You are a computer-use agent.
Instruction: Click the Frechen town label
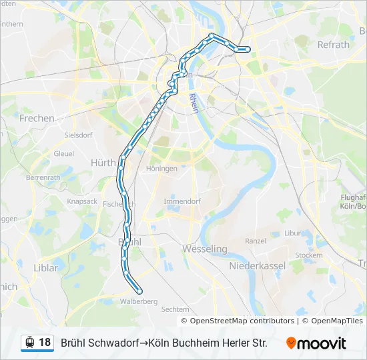coord(37,118)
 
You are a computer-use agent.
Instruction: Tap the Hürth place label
coord(103,162)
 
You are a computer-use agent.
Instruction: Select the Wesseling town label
coord(205,249)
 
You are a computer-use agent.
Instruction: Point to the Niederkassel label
coord(258,265)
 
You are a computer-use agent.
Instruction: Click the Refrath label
coord(334,45)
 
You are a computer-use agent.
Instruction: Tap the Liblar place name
coord(45,268)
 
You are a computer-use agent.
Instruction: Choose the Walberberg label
coord(139,301)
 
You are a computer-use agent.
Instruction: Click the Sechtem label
coord(175,309)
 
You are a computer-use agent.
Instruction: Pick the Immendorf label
coord(181,201)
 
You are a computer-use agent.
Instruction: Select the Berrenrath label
coord(43,178)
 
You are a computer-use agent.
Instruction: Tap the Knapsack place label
coord(82,201)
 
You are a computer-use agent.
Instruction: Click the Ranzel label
coord(256,241)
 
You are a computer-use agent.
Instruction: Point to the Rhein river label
coord(195,103)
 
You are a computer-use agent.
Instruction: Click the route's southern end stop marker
coord(139,291)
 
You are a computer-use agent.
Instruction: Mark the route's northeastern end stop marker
coord(248,49)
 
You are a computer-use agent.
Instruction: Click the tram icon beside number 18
coord(29,343)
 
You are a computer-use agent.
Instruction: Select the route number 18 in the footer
coord(45,343)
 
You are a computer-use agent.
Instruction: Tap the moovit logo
coord(316,343)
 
